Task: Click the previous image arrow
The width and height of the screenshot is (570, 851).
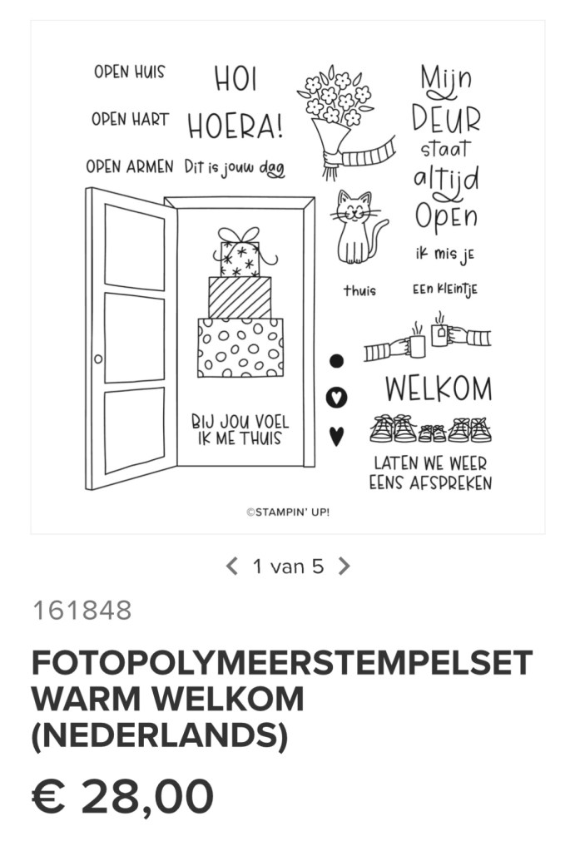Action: (232, 566)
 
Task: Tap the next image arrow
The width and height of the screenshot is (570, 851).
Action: (344, 566)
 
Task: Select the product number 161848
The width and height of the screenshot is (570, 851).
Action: (82, 610)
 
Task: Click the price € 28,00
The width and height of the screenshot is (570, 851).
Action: (122, 796)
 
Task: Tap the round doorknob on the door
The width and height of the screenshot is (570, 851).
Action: (97, 359)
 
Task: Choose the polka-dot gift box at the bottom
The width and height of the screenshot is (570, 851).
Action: (240, 348)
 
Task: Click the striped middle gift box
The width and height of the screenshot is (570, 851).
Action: (240, 298)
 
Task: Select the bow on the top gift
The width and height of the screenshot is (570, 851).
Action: (239, 235)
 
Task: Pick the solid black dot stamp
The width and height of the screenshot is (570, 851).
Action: (336, 361)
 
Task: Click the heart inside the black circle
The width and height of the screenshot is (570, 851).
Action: (336, 398)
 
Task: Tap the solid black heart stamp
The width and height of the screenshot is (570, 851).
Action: (336, 436)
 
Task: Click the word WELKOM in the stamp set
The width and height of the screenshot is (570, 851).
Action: (439, 388)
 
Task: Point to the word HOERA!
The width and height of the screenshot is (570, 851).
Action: (235, 126)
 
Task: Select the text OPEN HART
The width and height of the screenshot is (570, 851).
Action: (131, 120)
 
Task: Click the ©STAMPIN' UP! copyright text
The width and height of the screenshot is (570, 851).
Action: (288, 512)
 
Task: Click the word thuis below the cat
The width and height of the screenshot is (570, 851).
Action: (359, 290)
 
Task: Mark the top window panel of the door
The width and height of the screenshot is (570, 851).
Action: (134, 247)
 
